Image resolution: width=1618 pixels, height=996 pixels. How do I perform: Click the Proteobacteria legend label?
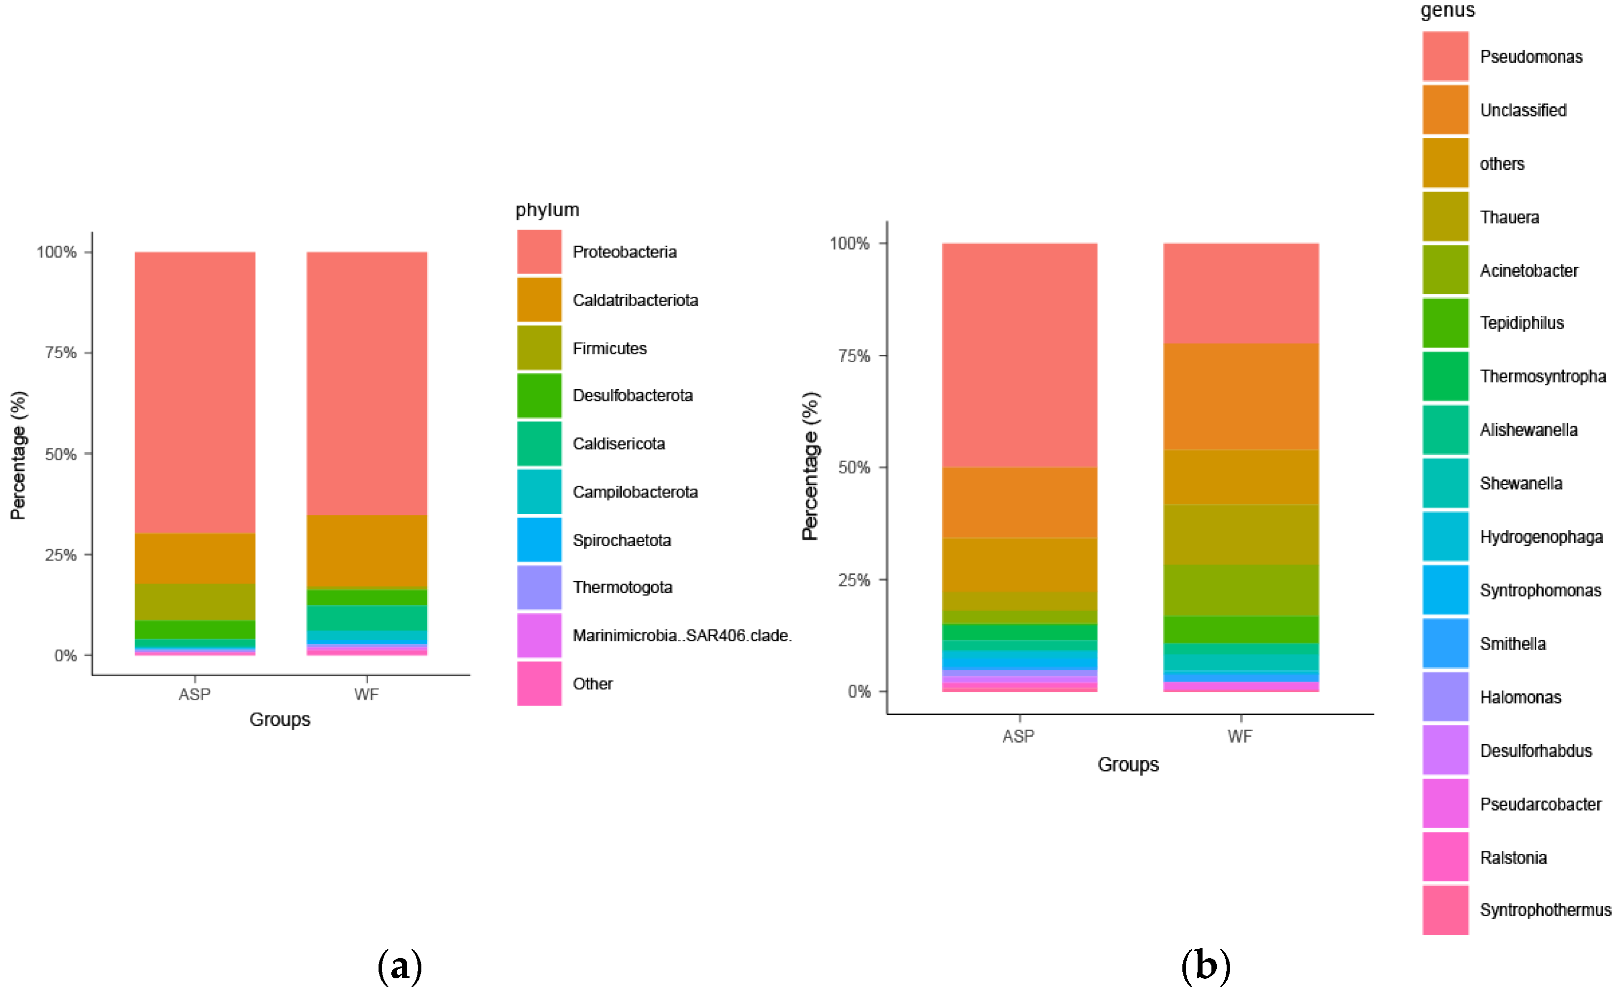(624, 252)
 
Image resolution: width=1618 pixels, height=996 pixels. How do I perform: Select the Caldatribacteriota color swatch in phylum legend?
(539, 300)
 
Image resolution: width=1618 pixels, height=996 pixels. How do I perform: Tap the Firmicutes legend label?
(609, 348)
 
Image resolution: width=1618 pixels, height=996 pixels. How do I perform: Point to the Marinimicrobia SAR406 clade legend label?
(681, 636)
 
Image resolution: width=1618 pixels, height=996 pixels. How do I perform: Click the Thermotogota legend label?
(622, 588)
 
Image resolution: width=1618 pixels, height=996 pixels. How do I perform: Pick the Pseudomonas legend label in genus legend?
(1530, 57)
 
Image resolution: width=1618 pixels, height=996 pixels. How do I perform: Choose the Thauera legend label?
(1509, 218)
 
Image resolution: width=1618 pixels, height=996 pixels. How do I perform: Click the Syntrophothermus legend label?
(1545, 910)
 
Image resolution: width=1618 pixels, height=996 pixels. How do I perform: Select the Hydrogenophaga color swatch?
(1445, 537)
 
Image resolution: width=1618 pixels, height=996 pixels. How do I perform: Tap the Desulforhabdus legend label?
(1535, 751)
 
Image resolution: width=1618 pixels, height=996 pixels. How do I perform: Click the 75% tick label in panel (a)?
(61, 353)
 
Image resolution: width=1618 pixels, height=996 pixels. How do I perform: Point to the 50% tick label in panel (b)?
(854, 467)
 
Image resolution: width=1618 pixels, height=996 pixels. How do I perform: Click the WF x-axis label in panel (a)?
(366, 694)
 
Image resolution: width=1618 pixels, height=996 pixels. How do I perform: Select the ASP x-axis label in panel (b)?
(1018, 737)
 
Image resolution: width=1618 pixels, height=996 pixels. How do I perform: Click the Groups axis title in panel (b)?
(1128, 765)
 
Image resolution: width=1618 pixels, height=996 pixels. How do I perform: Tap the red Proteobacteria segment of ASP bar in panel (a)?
(195, 392)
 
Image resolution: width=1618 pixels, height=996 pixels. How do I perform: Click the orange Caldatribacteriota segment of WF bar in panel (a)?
(366, 551)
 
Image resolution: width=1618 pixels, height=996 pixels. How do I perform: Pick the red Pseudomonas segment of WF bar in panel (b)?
(1240, 293)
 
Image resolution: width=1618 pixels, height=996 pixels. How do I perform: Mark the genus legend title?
(1447, 10)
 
